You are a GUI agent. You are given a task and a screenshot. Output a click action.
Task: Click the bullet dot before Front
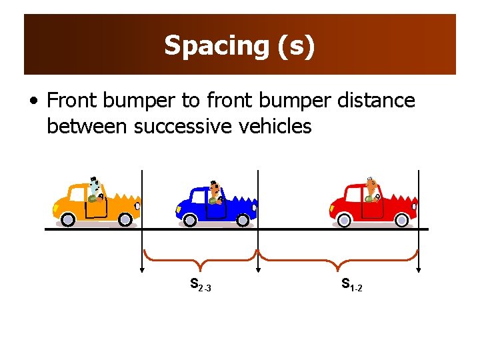tap(33, 101)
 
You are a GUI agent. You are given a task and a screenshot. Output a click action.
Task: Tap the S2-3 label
tap(200, 285)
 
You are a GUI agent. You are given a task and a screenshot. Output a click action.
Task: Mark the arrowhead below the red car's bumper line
tap(419, 270)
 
